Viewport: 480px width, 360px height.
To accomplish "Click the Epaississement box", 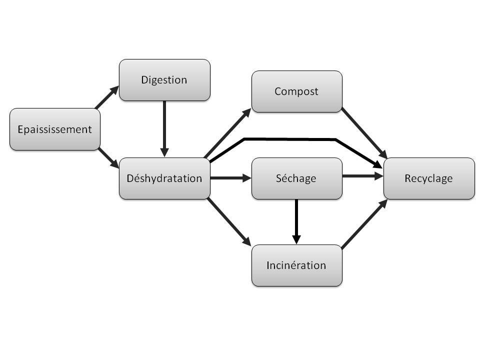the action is tap(55, 129).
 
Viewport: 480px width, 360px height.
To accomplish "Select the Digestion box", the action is tap(164, 80).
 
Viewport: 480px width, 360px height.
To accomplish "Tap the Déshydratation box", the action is tap(164, 178).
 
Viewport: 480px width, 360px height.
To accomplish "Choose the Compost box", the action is tap(296, 91).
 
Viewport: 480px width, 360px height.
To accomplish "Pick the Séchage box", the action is tap(296, 178).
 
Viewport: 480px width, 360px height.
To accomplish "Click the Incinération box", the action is tap(296, 265).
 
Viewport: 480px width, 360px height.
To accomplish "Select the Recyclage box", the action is tap(429, 178).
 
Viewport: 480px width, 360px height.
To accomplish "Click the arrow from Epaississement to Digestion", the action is tap(107, 97).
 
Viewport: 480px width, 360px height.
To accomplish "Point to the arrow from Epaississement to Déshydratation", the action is tap(108, 158).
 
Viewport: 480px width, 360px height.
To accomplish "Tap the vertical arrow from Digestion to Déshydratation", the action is tap(164, 129).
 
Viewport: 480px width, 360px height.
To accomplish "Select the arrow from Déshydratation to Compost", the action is tap(227, 133).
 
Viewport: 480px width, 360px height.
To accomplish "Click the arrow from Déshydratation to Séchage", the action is tap(231, 178).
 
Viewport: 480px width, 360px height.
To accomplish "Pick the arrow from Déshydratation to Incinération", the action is tap(229, 222).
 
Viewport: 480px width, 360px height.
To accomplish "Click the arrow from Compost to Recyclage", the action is tap(364, 133).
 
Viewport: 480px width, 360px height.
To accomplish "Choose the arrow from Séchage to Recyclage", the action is tap(363, 176).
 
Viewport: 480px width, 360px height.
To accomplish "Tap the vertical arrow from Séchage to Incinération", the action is tap(296, 222).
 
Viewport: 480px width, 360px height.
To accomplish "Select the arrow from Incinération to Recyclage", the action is tap(364, 224).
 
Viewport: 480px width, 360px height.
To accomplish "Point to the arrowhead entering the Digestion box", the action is tap(114, 90).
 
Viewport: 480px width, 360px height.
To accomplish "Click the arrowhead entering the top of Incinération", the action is tap(296, 239).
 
